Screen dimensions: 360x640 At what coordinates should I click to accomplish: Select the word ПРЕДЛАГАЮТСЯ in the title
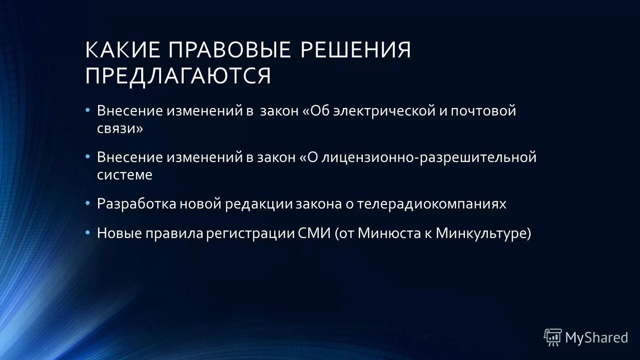coord(178,76)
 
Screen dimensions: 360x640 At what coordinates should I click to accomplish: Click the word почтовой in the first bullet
coord(483,111)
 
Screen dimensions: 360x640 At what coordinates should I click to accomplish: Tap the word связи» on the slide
coord(120,128)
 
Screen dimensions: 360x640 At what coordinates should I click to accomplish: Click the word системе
coord(125,175)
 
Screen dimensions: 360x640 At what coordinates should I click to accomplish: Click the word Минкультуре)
coord(483,233)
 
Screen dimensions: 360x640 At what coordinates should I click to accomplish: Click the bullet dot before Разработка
coord(88,203)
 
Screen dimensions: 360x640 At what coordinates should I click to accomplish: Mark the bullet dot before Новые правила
coord(88,232)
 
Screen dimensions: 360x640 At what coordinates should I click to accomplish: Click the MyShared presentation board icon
coord(553,337)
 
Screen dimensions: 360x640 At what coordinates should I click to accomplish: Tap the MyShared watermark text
coord(596,338)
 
